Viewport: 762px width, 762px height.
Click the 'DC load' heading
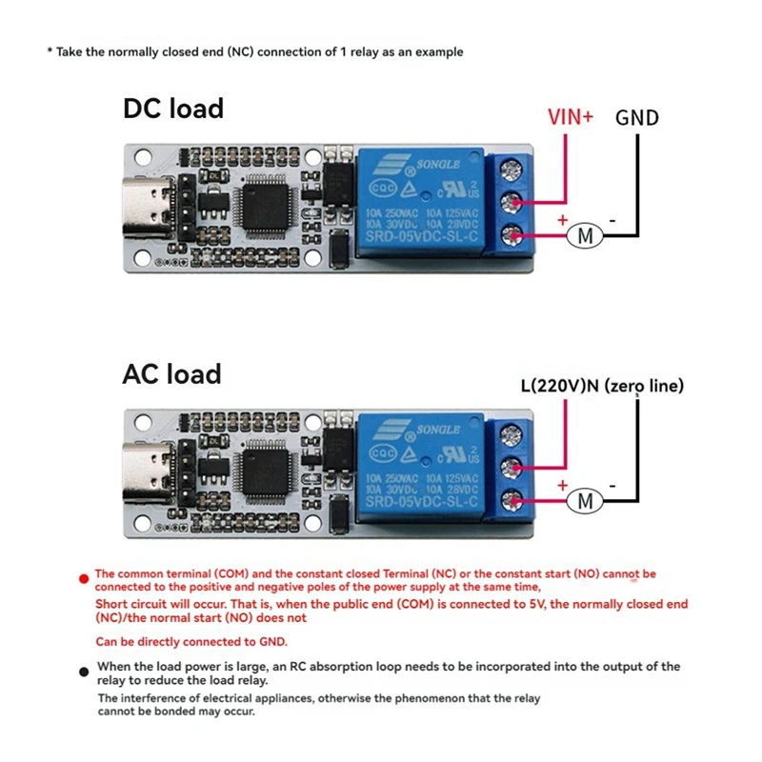click(172, 109)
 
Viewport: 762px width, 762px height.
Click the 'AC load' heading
click(171, 373)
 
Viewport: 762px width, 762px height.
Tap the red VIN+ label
click(570, 117)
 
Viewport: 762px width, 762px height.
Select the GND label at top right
click(636, 118)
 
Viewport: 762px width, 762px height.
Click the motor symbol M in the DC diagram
click(586, 235)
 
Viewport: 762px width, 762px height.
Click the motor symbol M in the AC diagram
click(586, 500)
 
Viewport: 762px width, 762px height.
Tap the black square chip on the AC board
click(262, 471)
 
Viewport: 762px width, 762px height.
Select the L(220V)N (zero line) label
click(601, 387)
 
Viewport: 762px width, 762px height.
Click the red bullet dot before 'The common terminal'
click(85, 576)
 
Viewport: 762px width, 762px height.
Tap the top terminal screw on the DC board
click(514, 170)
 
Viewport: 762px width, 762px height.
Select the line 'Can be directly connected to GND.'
click(190, 642)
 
